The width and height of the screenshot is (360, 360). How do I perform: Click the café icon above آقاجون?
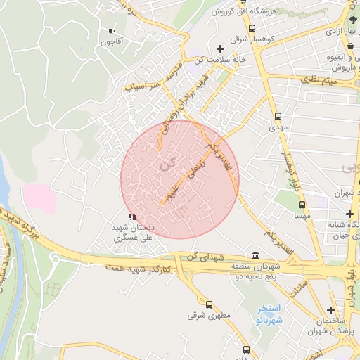111,32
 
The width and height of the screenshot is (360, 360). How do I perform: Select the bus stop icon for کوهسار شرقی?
252,28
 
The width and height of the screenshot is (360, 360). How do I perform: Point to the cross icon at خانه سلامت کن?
221,49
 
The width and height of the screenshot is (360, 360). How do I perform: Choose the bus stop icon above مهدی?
278,116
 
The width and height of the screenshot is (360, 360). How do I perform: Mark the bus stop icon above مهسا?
302,205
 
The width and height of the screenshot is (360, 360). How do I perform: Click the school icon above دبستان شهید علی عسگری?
133,217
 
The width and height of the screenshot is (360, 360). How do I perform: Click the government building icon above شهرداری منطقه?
255,256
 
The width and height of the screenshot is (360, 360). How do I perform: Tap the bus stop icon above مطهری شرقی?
209,304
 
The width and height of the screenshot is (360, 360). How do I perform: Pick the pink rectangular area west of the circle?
39,198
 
